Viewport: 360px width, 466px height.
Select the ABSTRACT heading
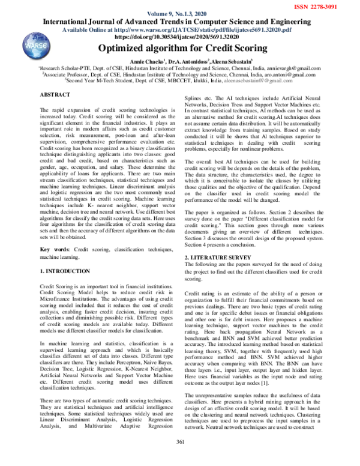[55, 95]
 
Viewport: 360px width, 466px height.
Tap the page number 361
[180, 459]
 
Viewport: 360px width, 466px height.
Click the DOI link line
[180, 37]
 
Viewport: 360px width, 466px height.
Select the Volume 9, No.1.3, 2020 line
[180, 13]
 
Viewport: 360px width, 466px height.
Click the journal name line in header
[180, 21]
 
